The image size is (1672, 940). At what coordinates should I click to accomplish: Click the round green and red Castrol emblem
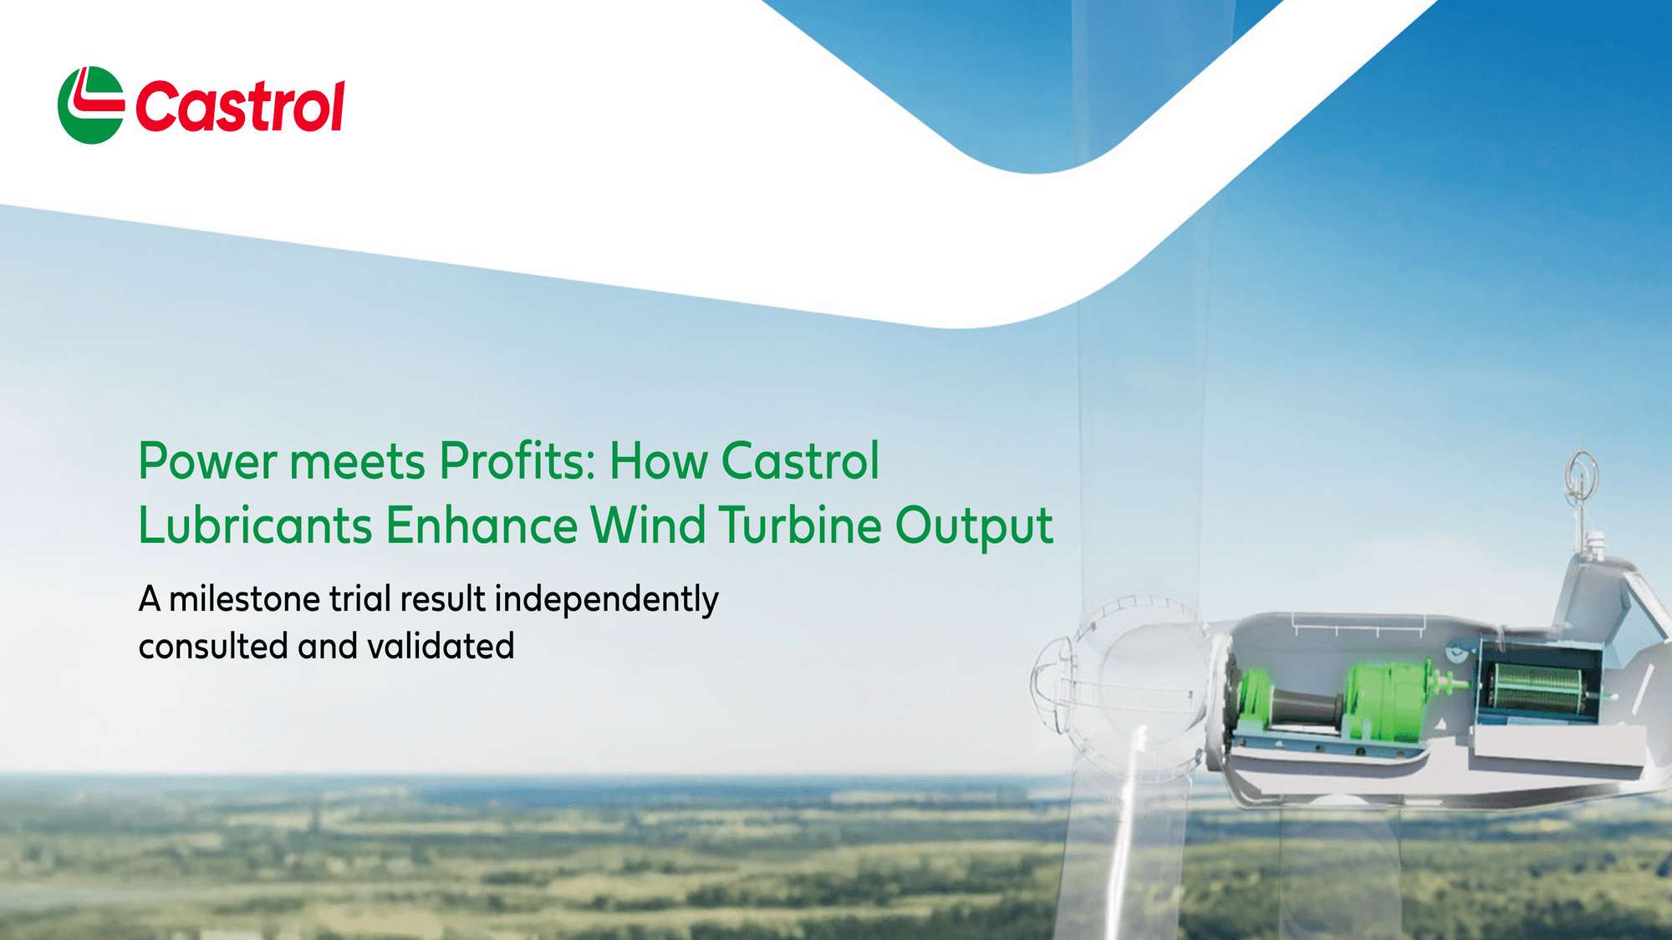tap(90, 105)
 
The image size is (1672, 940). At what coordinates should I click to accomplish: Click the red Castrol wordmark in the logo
tap(240, 107)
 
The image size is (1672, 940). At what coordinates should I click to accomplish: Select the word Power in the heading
tap(207, 461)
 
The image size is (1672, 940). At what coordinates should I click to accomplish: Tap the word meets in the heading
tap(358, 461)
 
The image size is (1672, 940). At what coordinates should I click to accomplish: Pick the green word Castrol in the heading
tap(800, 461)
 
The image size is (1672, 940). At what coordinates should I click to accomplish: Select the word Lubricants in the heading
tap(255, 526)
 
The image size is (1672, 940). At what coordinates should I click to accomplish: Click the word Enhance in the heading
tap(482, 526)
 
